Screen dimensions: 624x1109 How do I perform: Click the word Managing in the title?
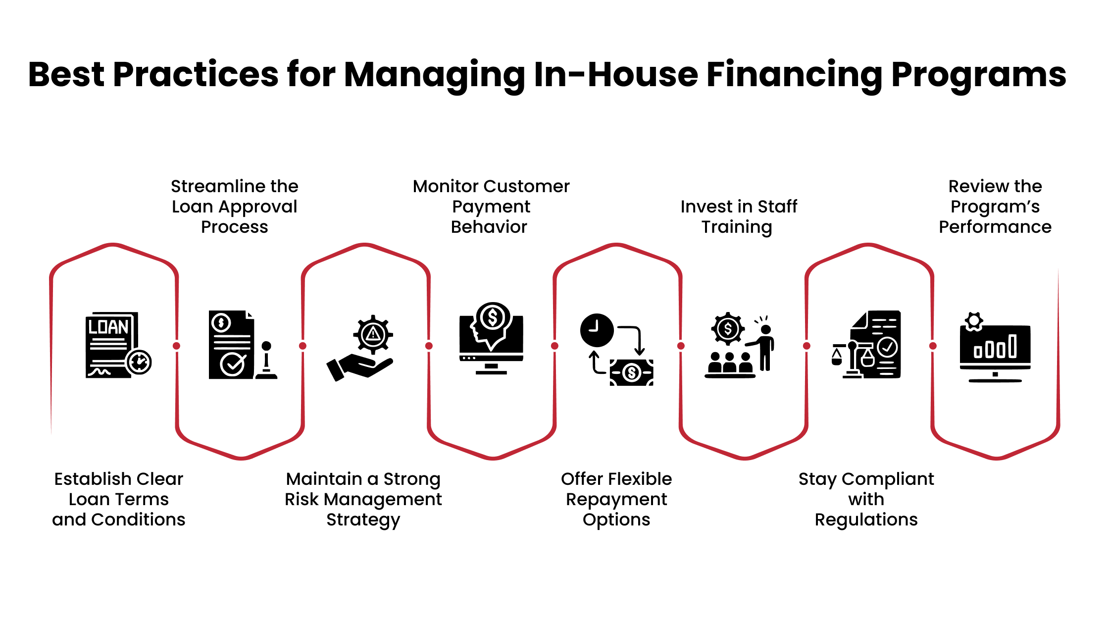[434, 75]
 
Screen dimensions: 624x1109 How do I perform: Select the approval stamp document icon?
[242, 345]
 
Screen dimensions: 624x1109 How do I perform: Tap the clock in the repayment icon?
[597, 330]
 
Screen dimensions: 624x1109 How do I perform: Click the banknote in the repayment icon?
[631, 372]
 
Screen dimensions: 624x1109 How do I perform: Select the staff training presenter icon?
[740, 346]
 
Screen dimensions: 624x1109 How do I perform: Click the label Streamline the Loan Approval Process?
[234, 207]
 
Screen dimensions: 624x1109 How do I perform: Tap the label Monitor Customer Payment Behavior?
[491, 207]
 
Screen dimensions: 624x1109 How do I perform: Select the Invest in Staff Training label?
[738, 216]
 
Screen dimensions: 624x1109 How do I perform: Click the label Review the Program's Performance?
[995, 207]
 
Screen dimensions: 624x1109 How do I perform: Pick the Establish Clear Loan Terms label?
[118, 499]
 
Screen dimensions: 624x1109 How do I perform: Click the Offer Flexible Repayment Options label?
[616, 499]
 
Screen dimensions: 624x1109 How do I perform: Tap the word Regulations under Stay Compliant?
[866, 520]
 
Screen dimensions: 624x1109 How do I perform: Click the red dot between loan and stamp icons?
[177, 346]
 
